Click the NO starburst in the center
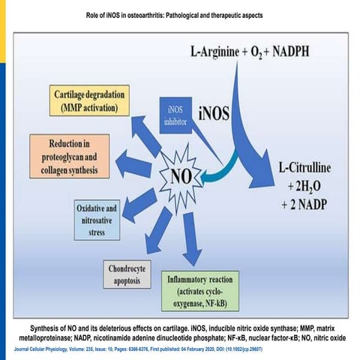point(184,177)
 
